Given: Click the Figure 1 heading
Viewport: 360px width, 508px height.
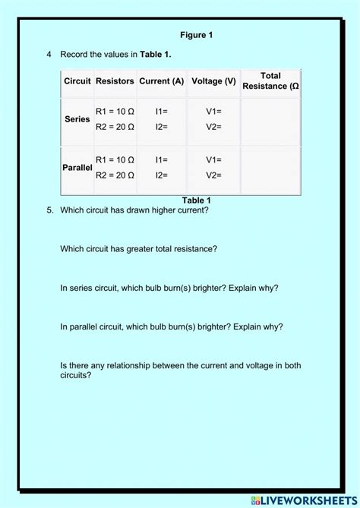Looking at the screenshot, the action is [x=196, y=35].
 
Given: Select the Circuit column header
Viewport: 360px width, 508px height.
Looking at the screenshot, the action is [x=77, y=80].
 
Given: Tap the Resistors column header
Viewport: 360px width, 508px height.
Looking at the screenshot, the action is [x=115, y=80].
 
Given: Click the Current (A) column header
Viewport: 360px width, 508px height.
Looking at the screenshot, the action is [x=162, y=80].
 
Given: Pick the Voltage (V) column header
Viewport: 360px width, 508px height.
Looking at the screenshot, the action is [x=213, y=80].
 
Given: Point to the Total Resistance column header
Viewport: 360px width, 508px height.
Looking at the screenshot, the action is [x=270, y=80].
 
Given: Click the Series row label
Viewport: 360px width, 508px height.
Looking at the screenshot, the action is [x=77, y=119].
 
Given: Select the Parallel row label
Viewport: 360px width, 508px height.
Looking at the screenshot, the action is [x=77, y=167].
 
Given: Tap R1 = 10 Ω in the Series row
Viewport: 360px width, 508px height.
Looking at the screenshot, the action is [x=115, y=112].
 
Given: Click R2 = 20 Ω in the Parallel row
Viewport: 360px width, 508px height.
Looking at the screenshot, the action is [x=115, y=175].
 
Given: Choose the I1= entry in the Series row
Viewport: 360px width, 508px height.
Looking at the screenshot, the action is [x=161, y=112].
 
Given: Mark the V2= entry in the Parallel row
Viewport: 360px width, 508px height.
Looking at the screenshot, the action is [x=213, y=175].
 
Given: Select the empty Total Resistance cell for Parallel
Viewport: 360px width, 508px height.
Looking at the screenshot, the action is [x=270, y=168].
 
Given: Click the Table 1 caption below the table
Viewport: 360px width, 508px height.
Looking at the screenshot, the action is [x=196, y=200].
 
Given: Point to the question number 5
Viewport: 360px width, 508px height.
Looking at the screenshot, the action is [x=49, y=210].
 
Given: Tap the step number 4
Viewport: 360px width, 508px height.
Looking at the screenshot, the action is [x=49, y=55].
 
